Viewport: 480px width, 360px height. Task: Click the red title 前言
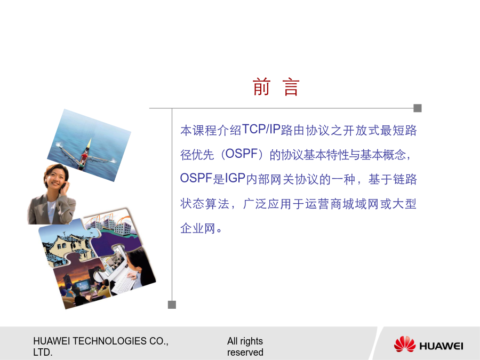click(x=276, y=87)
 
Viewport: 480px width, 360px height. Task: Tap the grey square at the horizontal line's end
click(x=418, y=108)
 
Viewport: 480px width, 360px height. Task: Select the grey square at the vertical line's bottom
click(x=172, y=305)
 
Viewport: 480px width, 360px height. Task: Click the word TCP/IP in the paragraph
click(x=261, y=130)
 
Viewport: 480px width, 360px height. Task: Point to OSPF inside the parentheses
click(x=242, y=154)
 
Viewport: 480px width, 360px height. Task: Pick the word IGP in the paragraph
click(x=235, y=178)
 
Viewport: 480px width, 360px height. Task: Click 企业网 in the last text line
click(x=198, y=228)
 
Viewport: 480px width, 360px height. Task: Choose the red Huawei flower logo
click(x=405, y=344)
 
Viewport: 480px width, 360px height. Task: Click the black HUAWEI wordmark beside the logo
click(x=441, y=346)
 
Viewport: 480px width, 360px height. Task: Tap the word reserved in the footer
click(x=245, y=353)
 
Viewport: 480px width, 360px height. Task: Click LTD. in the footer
click(x=43, y=353)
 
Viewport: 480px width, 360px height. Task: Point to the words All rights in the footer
click(x=245, y=341)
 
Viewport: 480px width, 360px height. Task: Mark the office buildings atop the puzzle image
click(x=112, y=225)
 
